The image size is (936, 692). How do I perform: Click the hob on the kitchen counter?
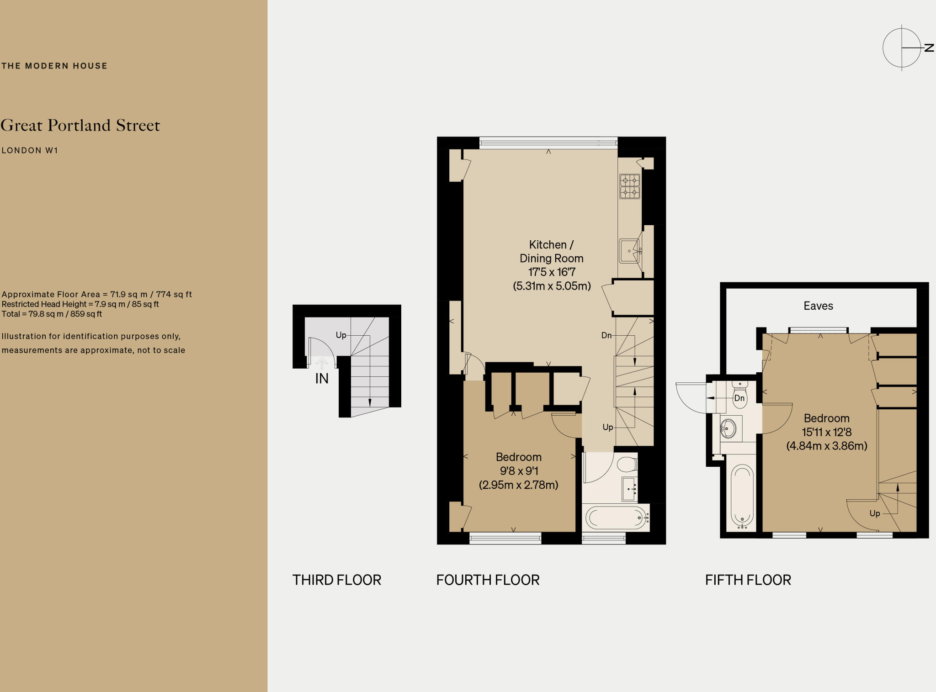click(x=629, y=186)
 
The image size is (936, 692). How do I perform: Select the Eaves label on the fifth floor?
click(x=818, y=306)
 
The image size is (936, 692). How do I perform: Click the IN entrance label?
click(x=322, y=379)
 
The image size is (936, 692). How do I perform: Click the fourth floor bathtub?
click(x=616, y=518)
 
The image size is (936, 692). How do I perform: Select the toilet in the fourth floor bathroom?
click(x=627, y=465)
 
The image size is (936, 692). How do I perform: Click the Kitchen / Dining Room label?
click(x=551, y=252)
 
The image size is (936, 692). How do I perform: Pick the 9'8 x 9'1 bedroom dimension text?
click(x=519, y=471)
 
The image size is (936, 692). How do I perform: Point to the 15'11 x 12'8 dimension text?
click(x=826, y=432)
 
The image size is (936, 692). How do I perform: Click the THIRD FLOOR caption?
click(x=337, y=580)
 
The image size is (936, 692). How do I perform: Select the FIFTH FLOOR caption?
click(x=748, y=580)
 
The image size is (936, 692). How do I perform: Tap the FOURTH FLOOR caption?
click(x=488, y=580)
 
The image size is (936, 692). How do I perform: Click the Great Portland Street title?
click(x=80, y=126)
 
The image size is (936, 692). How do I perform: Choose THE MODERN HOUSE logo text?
click(x=54, y=66)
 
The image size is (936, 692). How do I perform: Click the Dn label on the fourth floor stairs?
click(x=606, y=335)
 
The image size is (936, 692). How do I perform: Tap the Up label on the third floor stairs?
click(x=341, y=335)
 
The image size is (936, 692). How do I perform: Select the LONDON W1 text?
click(x=30, y=150)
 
